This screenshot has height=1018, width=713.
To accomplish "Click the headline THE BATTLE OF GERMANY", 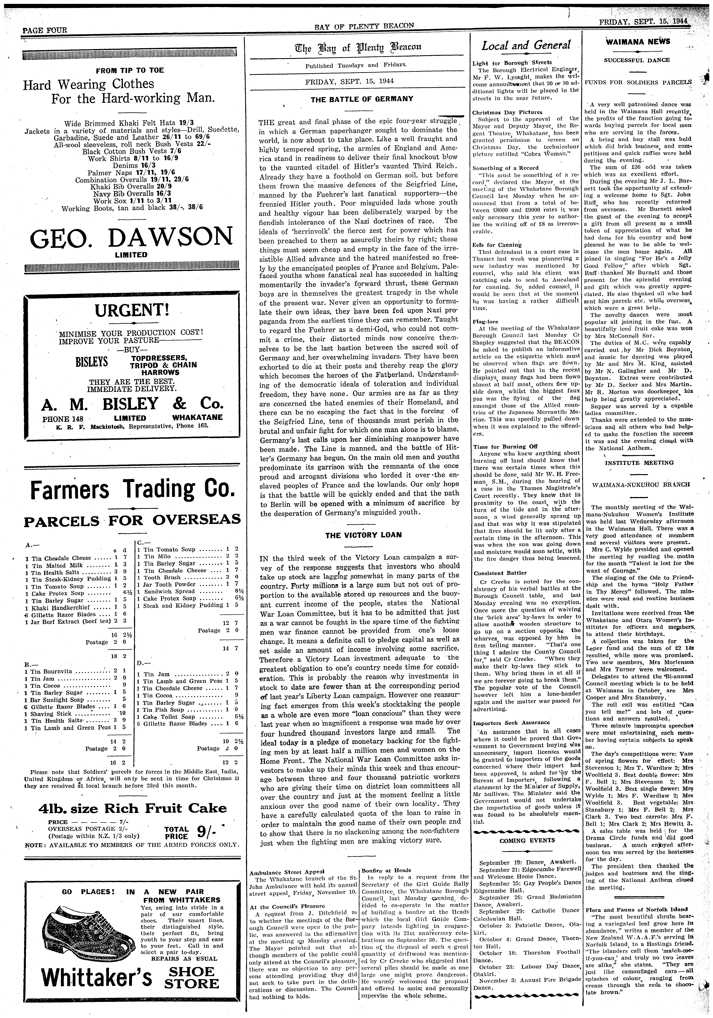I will [x=362, y=99].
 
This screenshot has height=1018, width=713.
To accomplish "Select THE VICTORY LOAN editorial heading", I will [x=363, y=535].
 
